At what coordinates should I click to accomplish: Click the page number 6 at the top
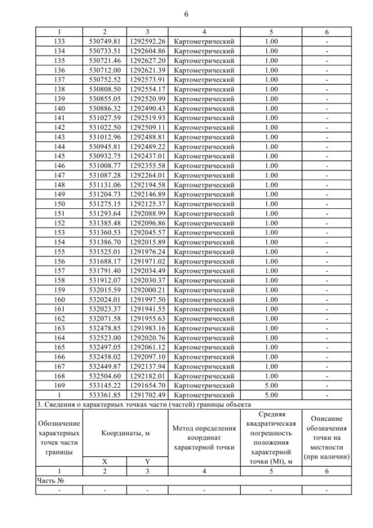pyautogui.click(x=186, y=14)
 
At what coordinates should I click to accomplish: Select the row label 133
pyautogui.click(x=59, y=41)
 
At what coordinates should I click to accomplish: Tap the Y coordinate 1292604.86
pyautogui.click(x=147, y=51)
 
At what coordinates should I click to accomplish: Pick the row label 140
pyautogui.click(x=59, y=109)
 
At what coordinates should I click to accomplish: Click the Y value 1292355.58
pyautogui.click(x=147, y=166)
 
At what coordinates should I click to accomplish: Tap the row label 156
pyautogui.click(x=59, y=261)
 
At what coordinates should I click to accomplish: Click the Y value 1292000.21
pyautogui.click(x=147, y=289)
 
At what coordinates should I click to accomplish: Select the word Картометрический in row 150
pyautogui.click(x=204, y=204)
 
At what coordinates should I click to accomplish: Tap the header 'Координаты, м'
pyautogui.click(x=125, y=433)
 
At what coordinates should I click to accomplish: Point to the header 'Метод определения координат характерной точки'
pyautogui.click(x=204, y=438)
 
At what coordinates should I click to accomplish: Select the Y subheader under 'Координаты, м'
pyautogui.click(x=147, y=460)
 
